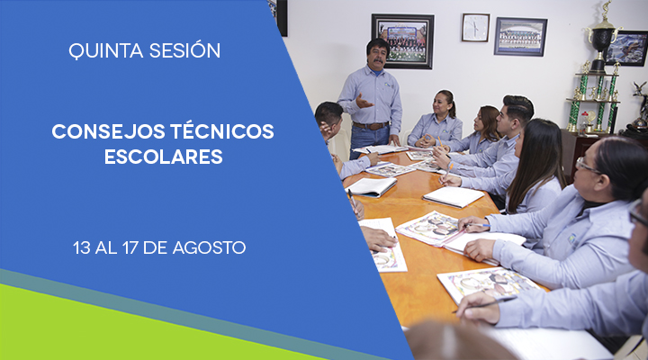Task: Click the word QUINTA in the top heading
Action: pyautogui.click(x=106, y=50)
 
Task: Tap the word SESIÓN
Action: pyautogui.click(x=184, y=49)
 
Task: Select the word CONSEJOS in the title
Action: pyautogui.click(x=108, y=131)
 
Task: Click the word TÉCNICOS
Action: pyautogui.click(x=222, y=130)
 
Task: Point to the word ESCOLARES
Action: pyautogui.click(x=164, y=157)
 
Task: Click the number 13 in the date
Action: pyautogui.click(x=81, y=248)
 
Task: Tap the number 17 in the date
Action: pyautogui.click(x=130, y=248)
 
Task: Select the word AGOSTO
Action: pyautogui.click(x=209, y=248)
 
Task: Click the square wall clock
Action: pyautogui.click(x=475, y=28)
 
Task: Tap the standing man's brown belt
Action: pyautogui.click(x=371, y=125)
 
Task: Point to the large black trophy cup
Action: pyautogui.click(x=602, y=40)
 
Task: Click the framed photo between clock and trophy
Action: pyautogui.click(x=520, y=36)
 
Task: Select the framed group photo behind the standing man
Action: pyautogui.click(x=402, y=40)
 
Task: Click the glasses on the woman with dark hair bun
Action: pyautogui.click(x=587, y=166)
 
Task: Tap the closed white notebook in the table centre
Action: pyautogui.click(x=453, y=197)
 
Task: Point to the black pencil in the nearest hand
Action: pyautogui.click(x=484, y=304)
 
